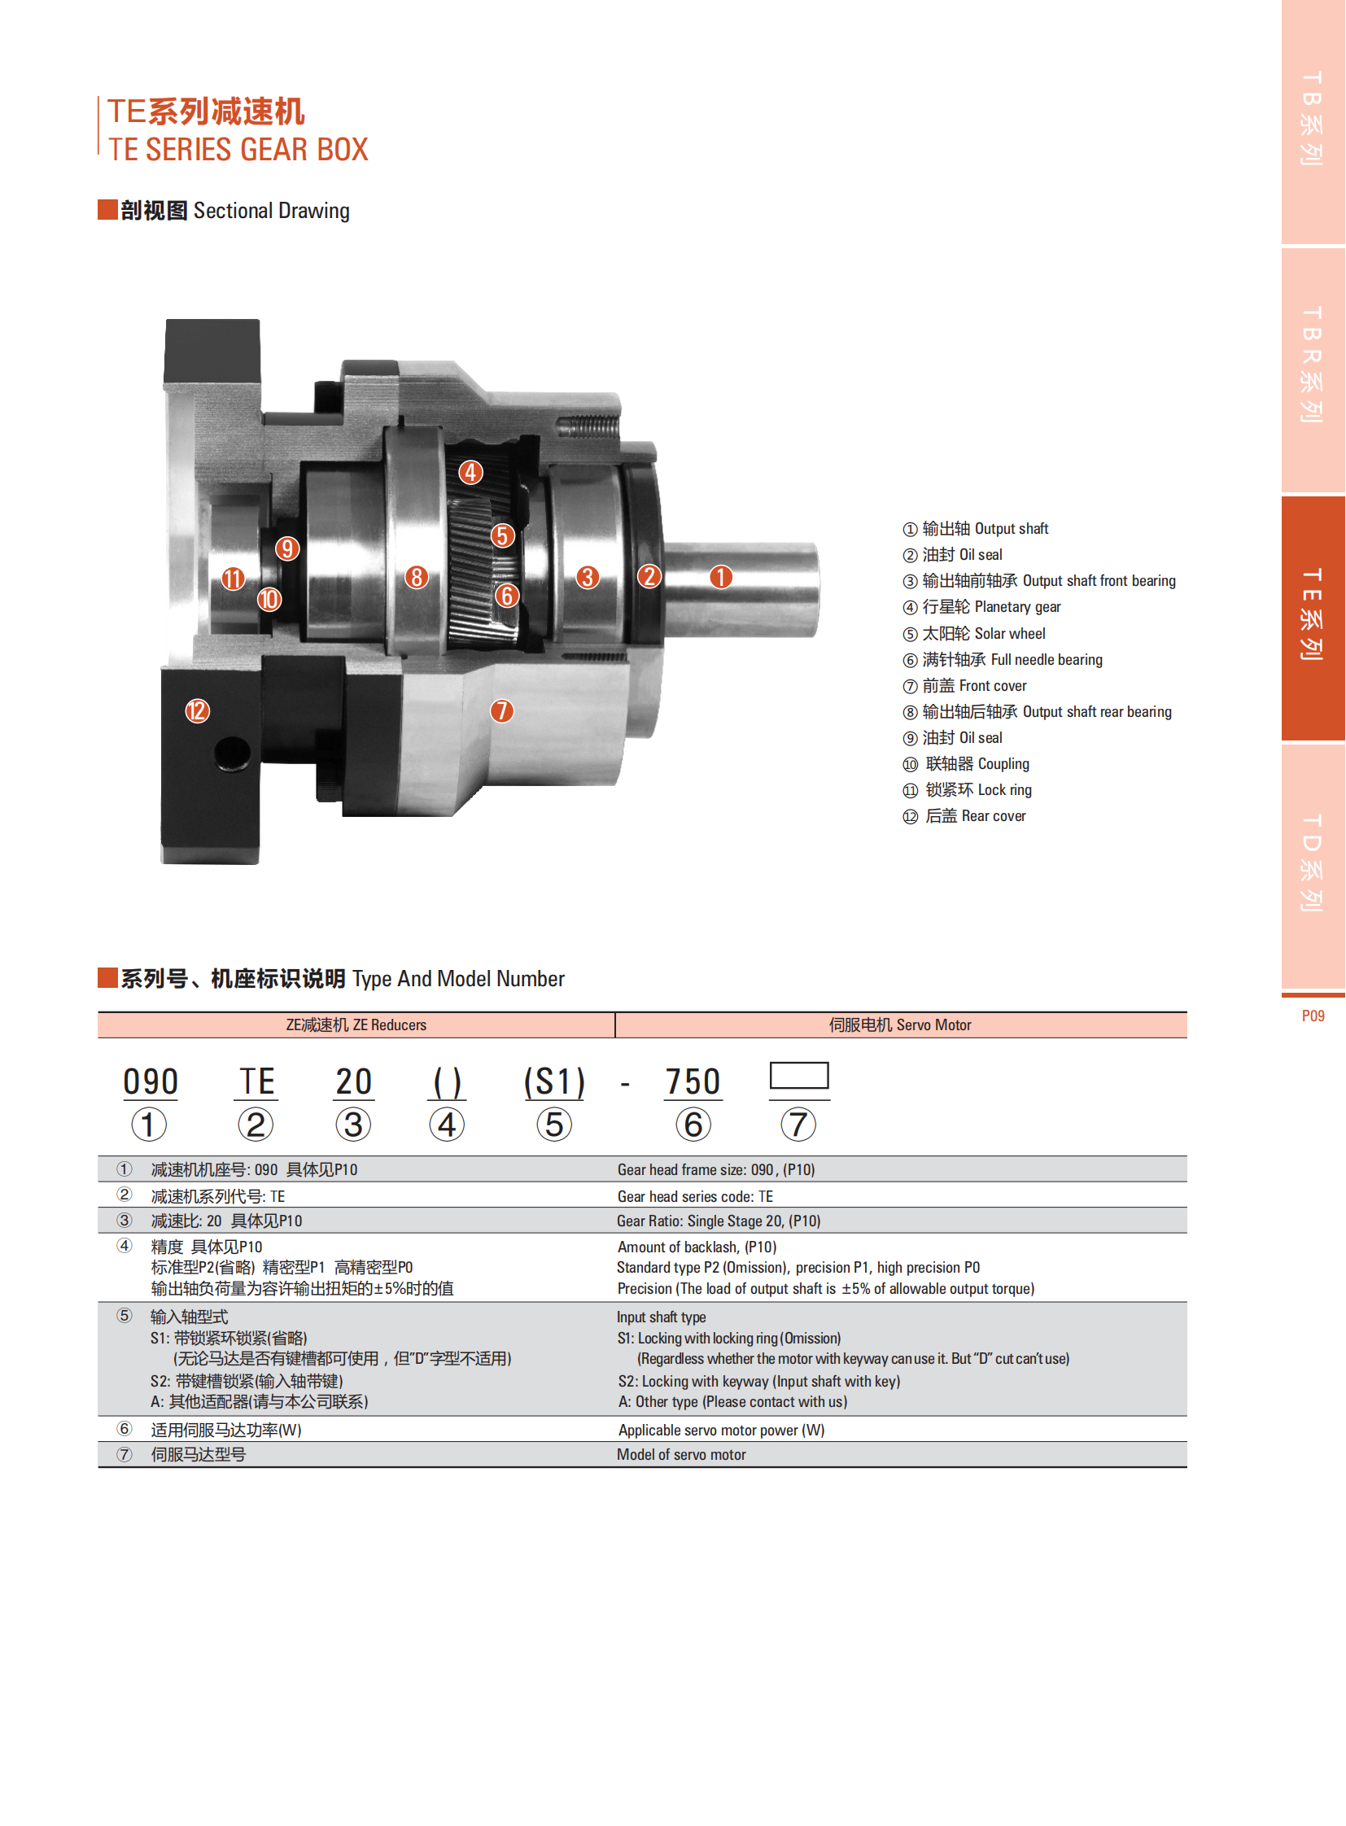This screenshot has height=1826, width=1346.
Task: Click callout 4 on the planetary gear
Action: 470,472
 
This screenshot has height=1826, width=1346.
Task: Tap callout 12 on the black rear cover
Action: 197,710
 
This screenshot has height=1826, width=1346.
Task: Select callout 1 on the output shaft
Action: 720,577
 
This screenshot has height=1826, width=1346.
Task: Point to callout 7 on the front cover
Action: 502,710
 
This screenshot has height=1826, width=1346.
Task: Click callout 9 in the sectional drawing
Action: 286,548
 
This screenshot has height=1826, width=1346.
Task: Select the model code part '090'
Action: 151,1082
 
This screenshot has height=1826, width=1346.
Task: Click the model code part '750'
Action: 693,1082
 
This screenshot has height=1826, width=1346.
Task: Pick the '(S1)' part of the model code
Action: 554,1082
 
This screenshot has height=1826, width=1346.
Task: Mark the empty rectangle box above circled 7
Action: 799,1075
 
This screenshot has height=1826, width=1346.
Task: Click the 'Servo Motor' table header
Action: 900,1024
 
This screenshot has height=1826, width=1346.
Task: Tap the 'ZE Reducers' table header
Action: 356,1024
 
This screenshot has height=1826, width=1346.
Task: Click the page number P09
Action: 1313,1016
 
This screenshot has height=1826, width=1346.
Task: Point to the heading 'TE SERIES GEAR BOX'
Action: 238,149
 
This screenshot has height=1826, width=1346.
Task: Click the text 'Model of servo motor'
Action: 681,1454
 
